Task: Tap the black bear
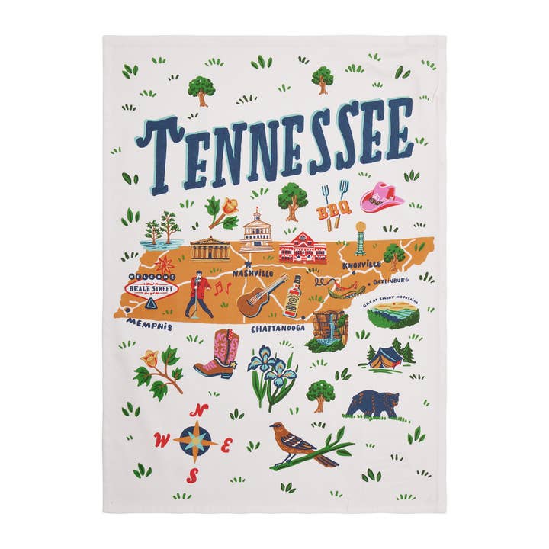point(373,404)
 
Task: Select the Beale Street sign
point(151,288)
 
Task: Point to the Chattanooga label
point(278,328)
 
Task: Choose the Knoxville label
point(361,265)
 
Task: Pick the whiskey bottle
point(294,297)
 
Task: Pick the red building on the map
point(303,247)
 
